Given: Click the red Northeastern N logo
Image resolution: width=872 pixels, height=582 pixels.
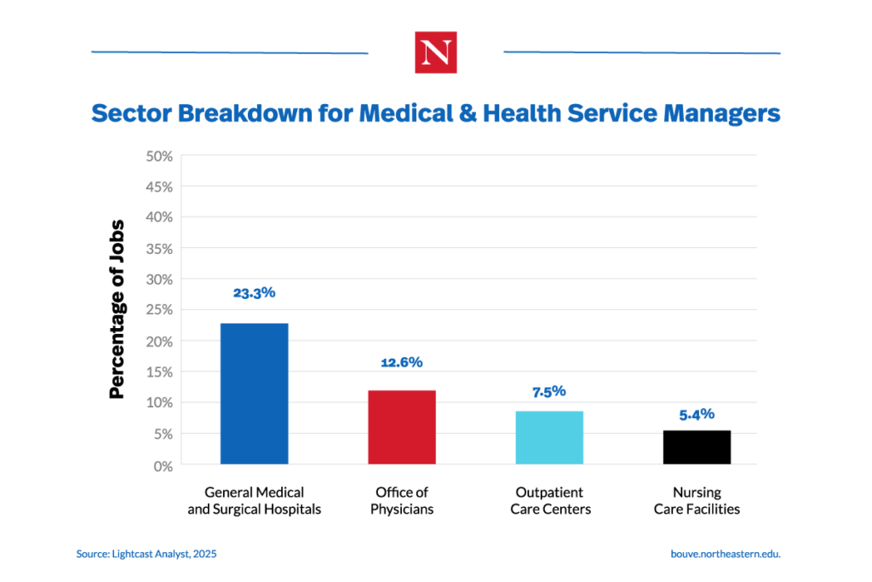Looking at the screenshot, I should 435,52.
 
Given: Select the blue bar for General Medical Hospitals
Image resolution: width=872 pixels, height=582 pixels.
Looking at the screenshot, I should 254,394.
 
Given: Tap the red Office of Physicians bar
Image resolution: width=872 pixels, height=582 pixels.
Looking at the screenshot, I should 401,427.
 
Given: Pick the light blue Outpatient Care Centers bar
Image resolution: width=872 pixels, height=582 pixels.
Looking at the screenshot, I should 549,437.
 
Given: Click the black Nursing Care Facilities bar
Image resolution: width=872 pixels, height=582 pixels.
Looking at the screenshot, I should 697,447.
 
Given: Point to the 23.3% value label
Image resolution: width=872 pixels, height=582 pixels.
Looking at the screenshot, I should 254,292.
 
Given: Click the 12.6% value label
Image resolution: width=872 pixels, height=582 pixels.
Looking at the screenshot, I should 401,362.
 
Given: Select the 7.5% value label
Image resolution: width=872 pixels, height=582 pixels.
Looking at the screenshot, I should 549,392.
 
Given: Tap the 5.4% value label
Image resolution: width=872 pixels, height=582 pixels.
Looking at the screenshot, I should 697,414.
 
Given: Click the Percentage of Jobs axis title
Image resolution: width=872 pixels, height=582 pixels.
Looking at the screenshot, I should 118,309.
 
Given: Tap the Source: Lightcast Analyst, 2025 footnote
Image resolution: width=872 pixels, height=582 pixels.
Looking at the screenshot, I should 146,554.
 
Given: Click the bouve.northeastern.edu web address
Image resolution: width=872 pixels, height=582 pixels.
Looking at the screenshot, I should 726,554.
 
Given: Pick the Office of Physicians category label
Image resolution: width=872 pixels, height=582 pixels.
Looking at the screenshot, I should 401,501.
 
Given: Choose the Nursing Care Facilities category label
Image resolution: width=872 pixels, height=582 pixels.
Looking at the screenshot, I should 697,501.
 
